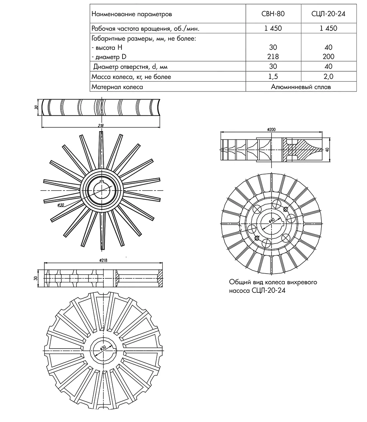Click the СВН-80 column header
pos(273,14)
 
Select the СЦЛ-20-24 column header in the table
pos(328,14)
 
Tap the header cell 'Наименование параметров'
pos(131,14)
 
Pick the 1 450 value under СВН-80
pos(273,28)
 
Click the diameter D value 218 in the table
pos(273,57)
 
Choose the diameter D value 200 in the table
pos(328,57)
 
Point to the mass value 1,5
pos(273,77)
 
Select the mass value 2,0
pos(328,77)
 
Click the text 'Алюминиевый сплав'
pos(301,87)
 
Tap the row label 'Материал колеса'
pos(117,87)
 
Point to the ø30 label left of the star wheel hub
pos(61,205)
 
